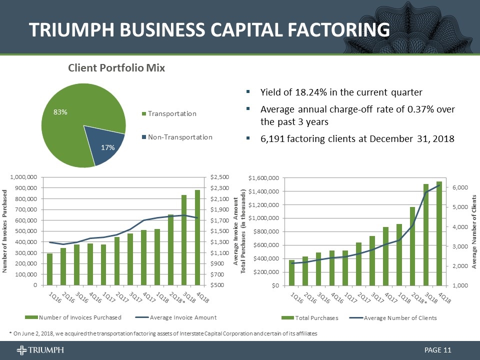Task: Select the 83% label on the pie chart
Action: coord(60,113)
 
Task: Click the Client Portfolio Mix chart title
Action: coord(116,67)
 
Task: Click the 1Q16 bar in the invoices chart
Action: coord(50,269)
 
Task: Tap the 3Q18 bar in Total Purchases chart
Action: coord(426,234)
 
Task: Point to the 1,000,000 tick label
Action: coord(23,177)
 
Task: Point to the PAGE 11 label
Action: coord(438,349)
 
